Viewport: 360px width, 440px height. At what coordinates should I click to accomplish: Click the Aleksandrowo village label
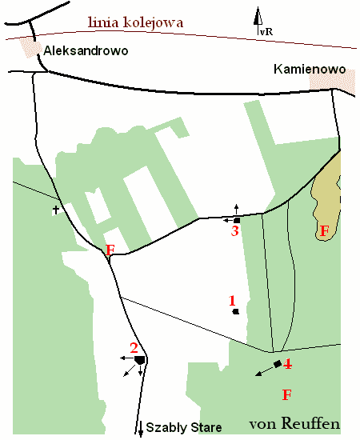click(x=86, y=50)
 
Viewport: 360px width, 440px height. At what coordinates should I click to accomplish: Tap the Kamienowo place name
click(x=308, y=70)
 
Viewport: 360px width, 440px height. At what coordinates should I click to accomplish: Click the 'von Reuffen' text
click(x=294, y=422)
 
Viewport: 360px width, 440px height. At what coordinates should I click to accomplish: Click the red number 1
click(x=232, y=301)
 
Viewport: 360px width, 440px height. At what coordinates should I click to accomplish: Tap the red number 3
click(x=234, y=231)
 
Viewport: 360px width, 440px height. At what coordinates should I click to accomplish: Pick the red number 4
click(x=287, y=365)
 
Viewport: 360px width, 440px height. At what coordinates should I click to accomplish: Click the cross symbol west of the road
click(x=56, y=210)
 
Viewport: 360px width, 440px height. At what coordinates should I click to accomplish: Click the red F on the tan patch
click(x=324, y=231)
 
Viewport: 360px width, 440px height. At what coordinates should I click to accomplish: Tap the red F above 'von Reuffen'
click(x=286, y=394)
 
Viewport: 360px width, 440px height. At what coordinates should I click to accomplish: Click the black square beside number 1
click(x=235, y=311)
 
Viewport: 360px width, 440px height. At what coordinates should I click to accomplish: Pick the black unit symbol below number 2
click(x=140, y=361)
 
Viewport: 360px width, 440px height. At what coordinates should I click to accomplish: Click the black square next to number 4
click(x=277, y=365)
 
